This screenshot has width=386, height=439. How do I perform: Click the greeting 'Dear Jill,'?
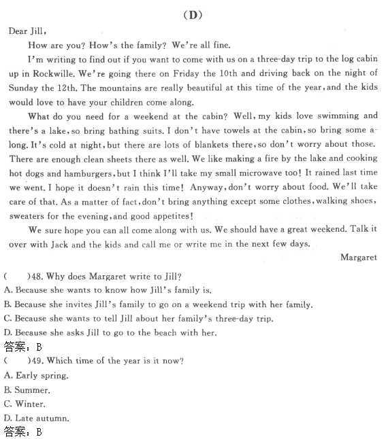29,31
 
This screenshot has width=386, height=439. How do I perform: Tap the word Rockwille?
53,73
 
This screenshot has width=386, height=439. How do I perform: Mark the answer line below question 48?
22,346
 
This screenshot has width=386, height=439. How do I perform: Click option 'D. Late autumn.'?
37,419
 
